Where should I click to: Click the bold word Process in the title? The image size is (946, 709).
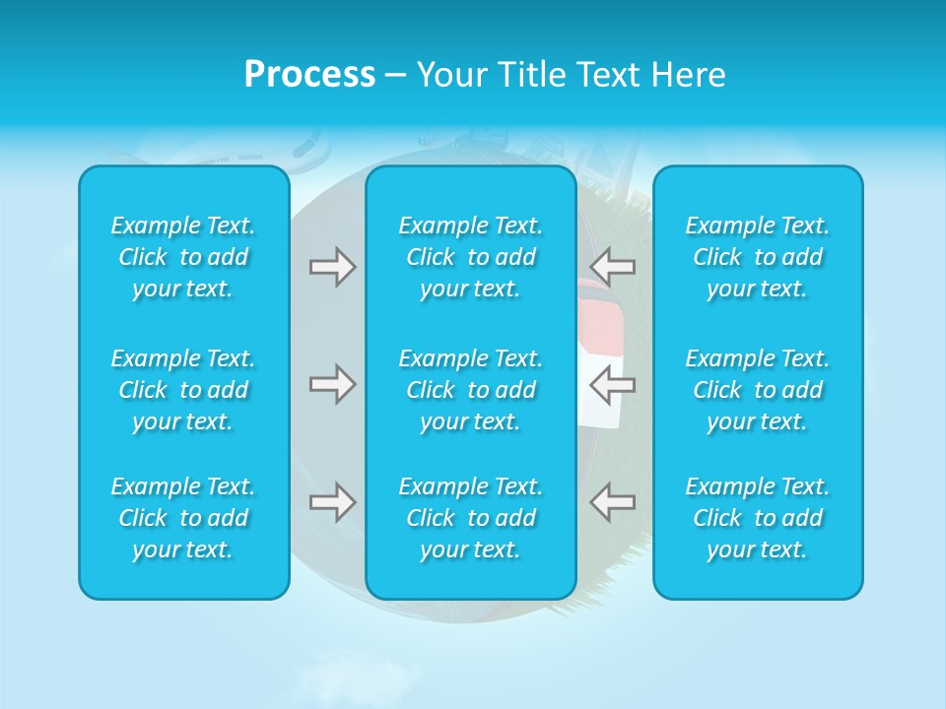[309, 75]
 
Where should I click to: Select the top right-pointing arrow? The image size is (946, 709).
[332, 267]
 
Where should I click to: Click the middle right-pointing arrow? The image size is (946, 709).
[332, 384]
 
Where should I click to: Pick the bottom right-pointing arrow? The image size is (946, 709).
[332, 502]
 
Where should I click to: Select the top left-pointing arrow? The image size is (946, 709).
[612, 267]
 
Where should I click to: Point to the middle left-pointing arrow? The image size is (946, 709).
[612, 384]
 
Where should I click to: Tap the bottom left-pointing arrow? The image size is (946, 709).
[612, 502]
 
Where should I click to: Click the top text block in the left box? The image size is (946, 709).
[183, 257]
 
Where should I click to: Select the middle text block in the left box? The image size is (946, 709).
[183, 390]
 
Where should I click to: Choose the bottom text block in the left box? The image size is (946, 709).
[183, 518]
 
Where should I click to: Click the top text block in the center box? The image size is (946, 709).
[470, 257]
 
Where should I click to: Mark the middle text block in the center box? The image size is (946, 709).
[470, 390]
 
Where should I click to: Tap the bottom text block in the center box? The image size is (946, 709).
[470, 518]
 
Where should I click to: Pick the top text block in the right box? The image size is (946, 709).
[757, 257]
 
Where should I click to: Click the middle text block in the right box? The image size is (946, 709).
[757, 390]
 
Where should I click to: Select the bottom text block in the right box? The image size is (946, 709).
[757, 518]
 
